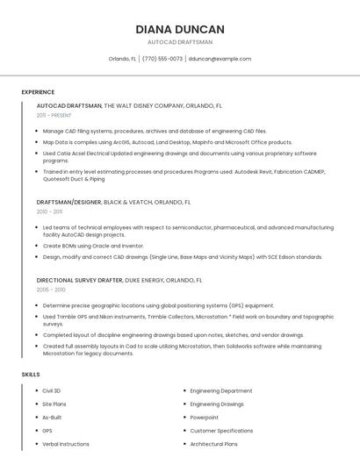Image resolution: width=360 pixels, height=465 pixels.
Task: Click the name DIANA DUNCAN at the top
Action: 180,29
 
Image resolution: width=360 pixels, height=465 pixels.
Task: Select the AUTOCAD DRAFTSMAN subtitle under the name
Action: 180,42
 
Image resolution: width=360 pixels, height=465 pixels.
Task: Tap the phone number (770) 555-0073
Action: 162,59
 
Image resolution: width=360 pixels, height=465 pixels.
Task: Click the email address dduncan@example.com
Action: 220,59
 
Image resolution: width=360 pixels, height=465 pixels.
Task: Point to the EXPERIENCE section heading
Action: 38,92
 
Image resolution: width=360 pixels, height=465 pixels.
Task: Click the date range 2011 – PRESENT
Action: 54,115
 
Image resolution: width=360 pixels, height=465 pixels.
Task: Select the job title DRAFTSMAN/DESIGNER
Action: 69,202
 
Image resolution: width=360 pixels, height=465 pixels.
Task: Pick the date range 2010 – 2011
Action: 50,211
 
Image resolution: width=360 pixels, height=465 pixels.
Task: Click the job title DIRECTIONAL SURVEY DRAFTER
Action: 79,280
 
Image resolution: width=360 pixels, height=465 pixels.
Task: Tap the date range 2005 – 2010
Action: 51,290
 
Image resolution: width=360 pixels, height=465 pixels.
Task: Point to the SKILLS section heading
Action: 31,375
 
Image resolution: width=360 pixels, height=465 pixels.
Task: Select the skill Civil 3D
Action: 52,390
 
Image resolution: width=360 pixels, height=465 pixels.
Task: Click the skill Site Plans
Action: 54,404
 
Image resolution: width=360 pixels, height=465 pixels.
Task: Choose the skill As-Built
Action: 52,417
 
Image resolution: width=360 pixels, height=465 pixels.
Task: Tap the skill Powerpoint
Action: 205,417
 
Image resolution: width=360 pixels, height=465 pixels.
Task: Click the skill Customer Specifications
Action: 221,431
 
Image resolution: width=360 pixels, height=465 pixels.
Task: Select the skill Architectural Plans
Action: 214,444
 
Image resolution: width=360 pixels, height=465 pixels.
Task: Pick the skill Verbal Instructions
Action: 66,444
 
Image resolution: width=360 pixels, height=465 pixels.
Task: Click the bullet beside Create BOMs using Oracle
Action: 37,246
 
